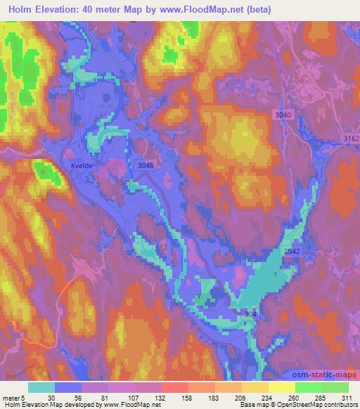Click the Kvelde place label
pos(82,165)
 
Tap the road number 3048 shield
pos(144,164)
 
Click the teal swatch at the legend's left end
pos(41,387)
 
